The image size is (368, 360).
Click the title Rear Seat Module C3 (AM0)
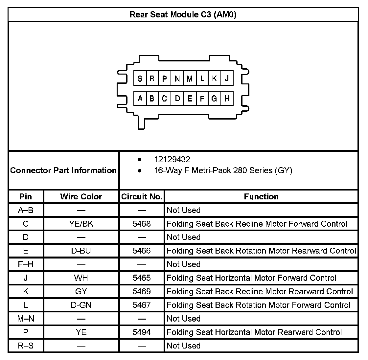coord(183,14)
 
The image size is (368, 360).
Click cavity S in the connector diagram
coord(140,79)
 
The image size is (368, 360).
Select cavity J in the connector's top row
coord(227,79)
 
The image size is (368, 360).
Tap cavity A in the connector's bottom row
coord(140,99)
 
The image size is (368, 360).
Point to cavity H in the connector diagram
coord(227,99)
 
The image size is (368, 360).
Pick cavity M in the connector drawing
coord(190,79)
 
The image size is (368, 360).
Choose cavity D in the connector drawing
coord(177,99)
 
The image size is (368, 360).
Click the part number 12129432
coord(172,160)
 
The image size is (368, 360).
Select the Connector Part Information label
coord(63,170)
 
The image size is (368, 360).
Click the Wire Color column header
coord(81,197)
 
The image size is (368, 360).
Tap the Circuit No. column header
coord(142,197)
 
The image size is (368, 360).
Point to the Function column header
coord(261,197)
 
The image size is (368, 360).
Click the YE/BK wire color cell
coord(81,224)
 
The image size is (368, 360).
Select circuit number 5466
coord(142,251)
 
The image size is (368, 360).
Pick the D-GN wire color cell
coord(81,305)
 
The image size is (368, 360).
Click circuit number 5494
coord(142,332)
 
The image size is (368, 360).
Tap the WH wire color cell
coord(81,278)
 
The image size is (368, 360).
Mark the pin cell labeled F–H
coord(26,264)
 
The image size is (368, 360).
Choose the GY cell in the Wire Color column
coord(81,292)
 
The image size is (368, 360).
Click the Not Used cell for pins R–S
coord(184,346)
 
